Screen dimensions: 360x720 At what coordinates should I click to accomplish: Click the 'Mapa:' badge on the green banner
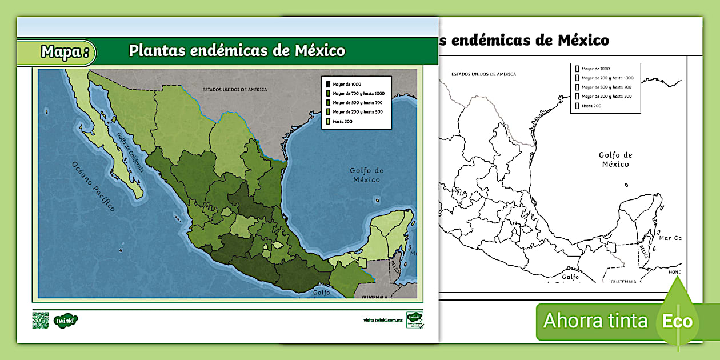tap(65, 52)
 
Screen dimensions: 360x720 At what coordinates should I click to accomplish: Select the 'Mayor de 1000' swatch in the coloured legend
tap(328, 84)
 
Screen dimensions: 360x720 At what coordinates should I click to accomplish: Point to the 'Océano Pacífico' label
tap(93, 186)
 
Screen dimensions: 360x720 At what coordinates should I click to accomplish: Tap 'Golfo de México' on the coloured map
tap(366, 175)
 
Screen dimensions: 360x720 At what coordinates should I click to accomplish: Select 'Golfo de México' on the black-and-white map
tap(615, 159)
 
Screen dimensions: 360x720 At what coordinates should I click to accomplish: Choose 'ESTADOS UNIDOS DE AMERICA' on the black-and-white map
tap(483, 74)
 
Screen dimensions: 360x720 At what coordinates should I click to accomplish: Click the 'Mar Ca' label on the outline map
tap(670, 238)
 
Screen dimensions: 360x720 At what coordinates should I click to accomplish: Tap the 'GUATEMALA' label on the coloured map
tap(375, 297)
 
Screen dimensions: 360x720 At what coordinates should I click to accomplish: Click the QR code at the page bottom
tap(41, 321)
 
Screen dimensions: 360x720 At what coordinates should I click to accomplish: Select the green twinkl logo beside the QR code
tap(66, 321)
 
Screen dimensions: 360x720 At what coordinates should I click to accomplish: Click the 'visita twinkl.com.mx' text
tap(383, 320)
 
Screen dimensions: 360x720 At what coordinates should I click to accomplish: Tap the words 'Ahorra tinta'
tap(595, 321)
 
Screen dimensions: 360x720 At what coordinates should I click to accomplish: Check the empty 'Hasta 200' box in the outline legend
tap(577, 106)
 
